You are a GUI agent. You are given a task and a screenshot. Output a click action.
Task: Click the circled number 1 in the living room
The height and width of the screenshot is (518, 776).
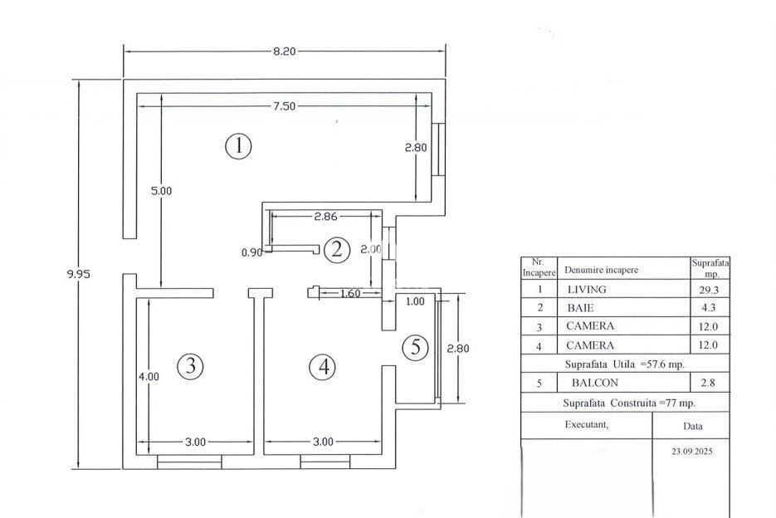238,147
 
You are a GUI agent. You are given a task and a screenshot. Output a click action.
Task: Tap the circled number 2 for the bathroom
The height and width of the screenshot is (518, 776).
336,249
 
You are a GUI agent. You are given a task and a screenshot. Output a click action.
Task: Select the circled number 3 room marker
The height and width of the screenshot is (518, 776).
191,365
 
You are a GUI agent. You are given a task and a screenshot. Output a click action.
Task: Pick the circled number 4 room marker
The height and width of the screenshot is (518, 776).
322,366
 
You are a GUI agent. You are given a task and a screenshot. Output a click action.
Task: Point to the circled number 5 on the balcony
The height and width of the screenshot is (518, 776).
415,349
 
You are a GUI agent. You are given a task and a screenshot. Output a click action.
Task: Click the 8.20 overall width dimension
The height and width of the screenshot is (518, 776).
284,51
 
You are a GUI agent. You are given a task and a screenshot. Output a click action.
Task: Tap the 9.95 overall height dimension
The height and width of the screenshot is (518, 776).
79,274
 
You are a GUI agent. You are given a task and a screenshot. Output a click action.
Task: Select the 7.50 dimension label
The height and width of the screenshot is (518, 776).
284,106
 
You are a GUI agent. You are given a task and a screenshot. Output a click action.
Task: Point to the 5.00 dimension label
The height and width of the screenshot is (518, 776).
161,191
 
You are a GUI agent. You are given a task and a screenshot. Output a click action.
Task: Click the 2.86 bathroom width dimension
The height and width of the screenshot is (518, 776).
325,217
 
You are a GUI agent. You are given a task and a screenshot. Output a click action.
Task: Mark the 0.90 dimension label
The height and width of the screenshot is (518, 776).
251,252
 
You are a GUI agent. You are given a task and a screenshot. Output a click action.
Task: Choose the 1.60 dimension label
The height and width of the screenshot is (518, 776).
349,293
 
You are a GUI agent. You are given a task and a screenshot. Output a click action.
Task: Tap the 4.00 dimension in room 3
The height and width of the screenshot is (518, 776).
149,376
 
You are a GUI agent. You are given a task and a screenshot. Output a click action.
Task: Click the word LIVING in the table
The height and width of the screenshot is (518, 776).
586,290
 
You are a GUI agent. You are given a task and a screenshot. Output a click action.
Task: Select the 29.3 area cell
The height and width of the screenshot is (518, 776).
710,290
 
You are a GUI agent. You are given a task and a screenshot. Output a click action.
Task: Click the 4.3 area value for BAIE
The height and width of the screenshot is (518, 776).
710,308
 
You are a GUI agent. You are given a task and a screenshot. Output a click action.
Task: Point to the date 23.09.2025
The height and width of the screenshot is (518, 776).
691,452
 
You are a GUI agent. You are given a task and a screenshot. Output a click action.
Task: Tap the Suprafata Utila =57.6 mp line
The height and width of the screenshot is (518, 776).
624,364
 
